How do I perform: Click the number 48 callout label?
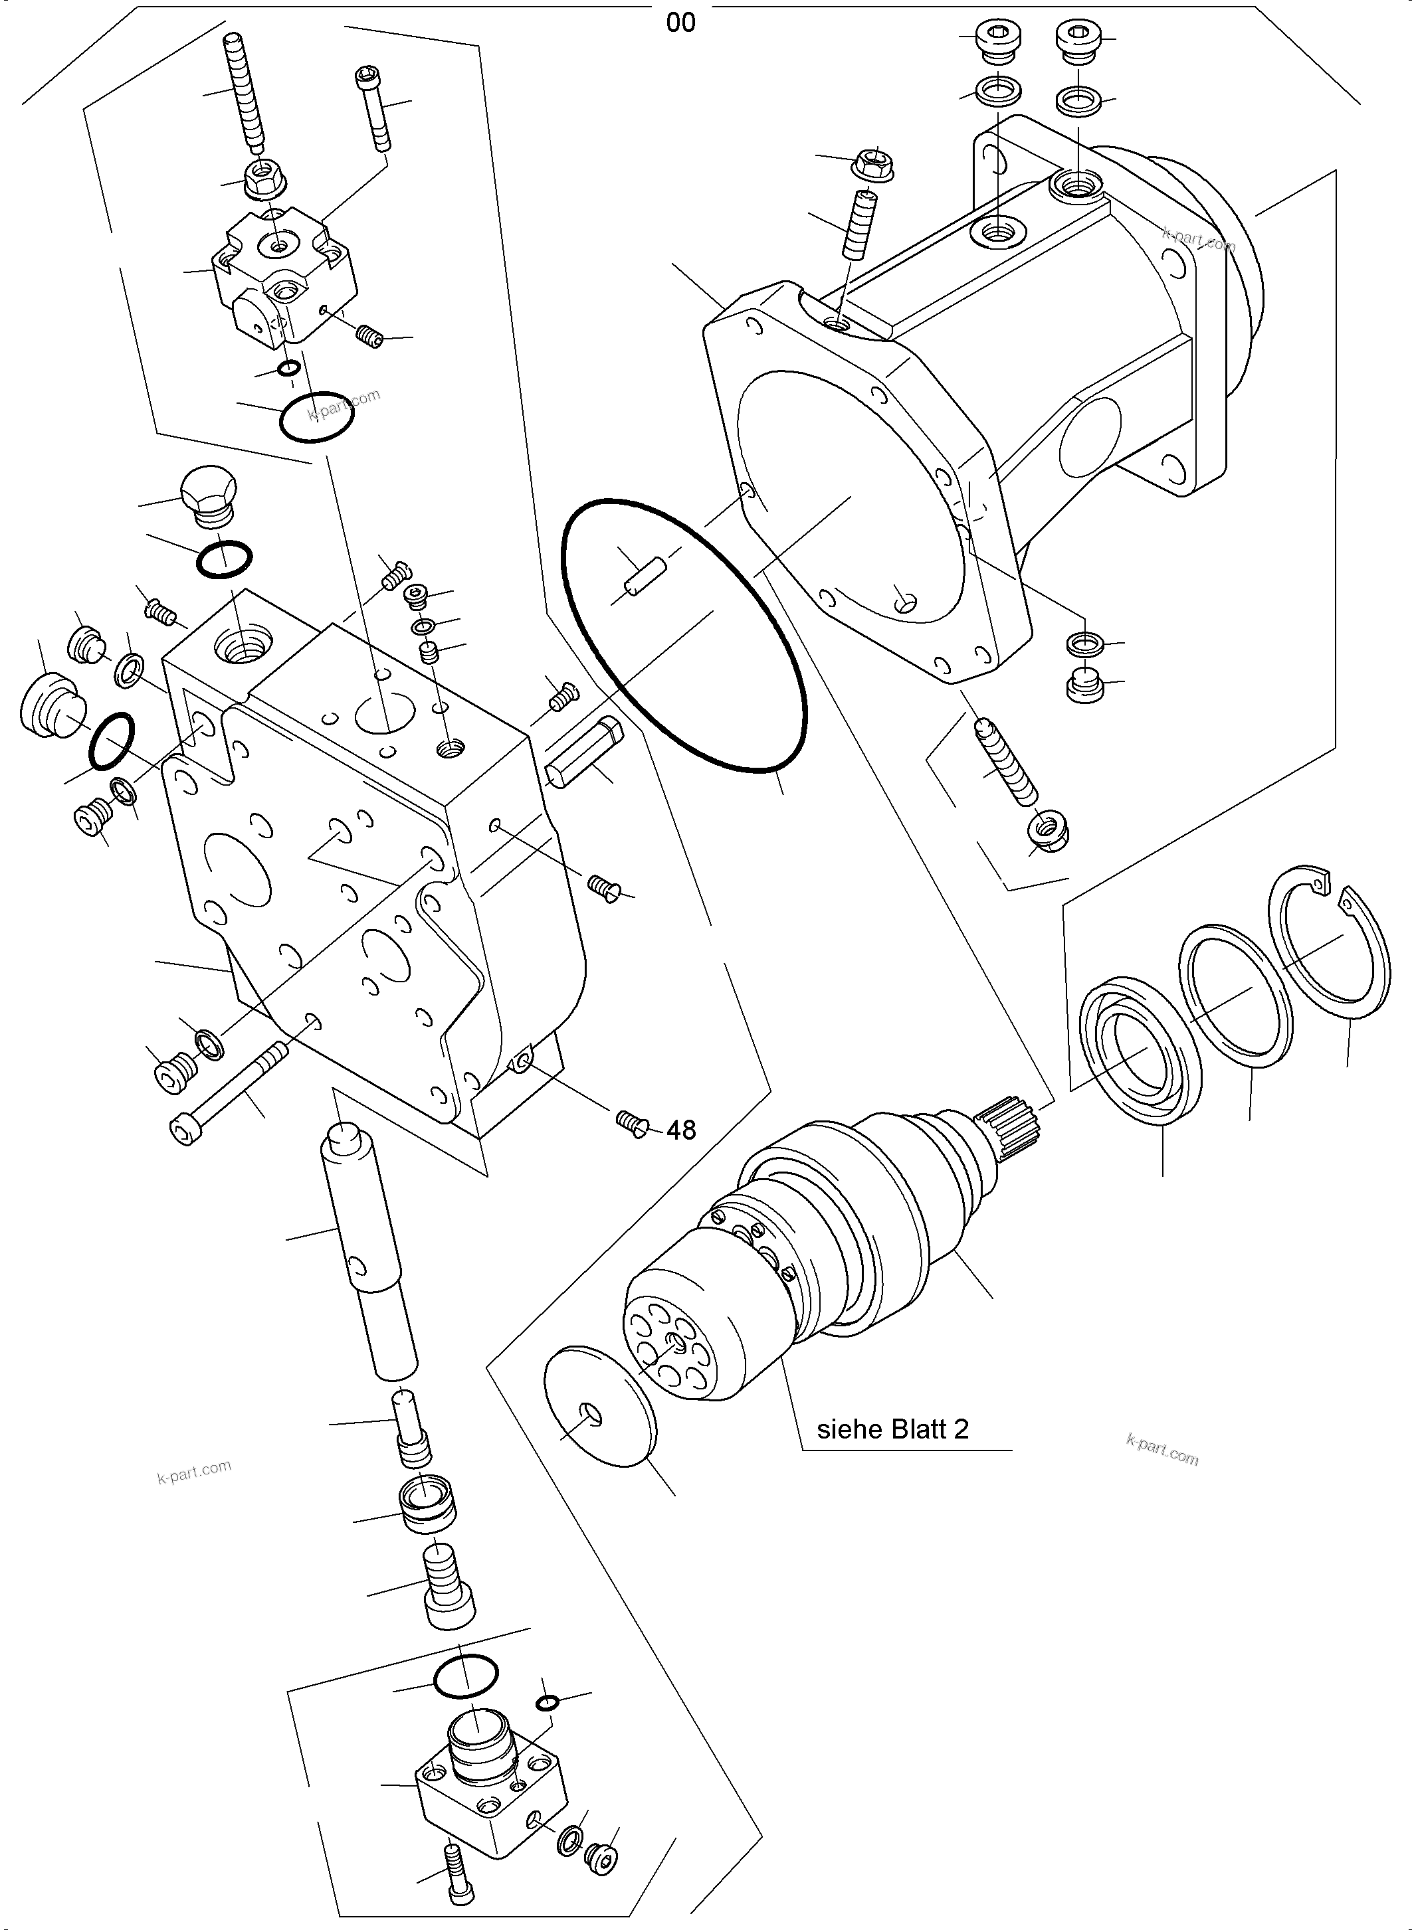(x=681, y=1130)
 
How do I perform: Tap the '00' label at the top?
(x=680, y=23)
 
